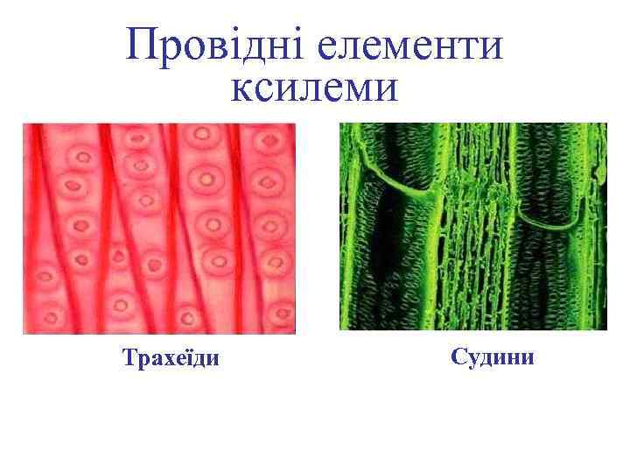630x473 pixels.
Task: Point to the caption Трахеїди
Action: (x=171, y=358)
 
